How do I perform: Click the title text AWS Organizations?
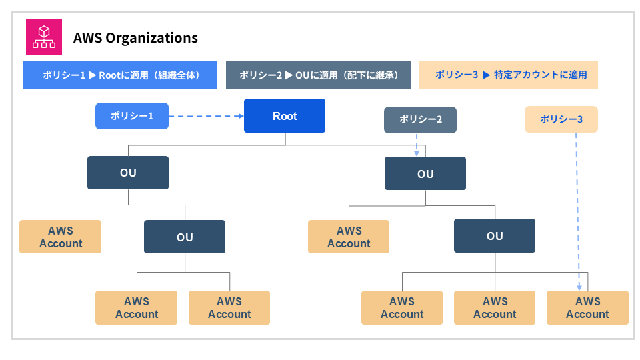coord(135,37)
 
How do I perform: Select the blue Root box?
coord(285,116)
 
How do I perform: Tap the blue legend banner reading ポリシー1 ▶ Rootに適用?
coord(121,75)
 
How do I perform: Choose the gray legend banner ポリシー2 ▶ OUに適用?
coord(318,75)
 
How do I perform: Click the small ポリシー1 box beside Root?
coord(132,116)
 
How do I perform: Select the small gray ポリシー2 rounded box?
coord(420,119)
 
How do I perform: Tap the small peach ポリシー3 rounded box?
coord(561,119)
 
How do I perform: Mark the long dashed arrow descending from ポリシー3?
coord(578,207)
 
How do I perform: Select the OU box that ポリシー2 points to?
coord(425,174)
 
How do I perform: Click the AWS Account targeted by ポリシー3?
coord(587,307)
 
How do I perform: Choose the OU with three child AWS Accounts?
coord(495,236)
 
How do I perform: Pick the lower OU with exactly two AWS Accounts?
coord(185,237)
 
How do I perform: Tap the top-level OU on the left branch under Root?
coord(128,173)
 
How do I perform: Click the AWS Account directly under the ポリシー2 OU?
coord(349,237)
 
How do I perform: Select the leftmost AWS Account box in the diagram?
coord(61,237)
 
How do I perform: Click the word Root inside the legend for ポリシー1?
coord(109,75)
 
